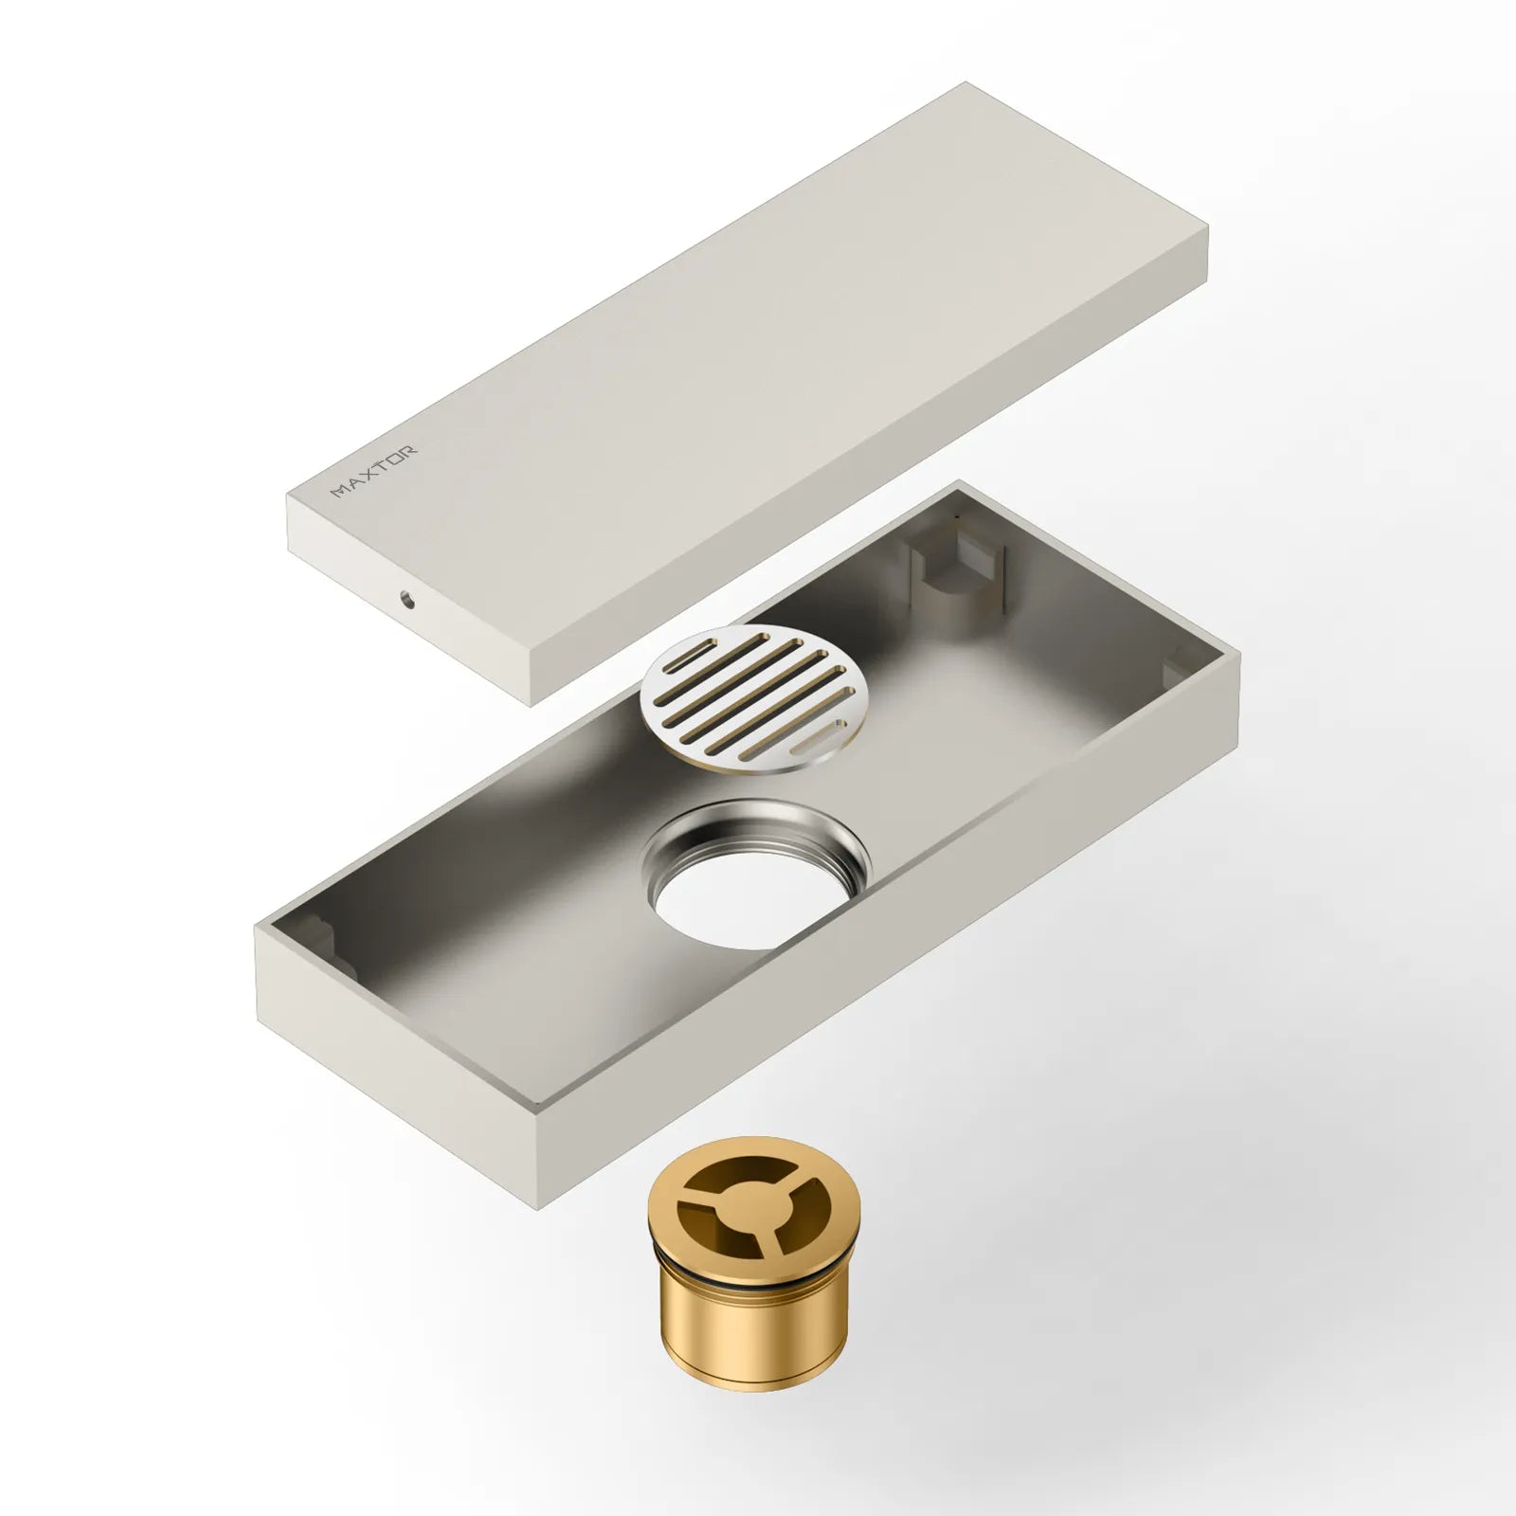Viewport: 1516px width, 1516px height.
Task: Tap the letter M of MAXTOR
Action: (x=338, y=491)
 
